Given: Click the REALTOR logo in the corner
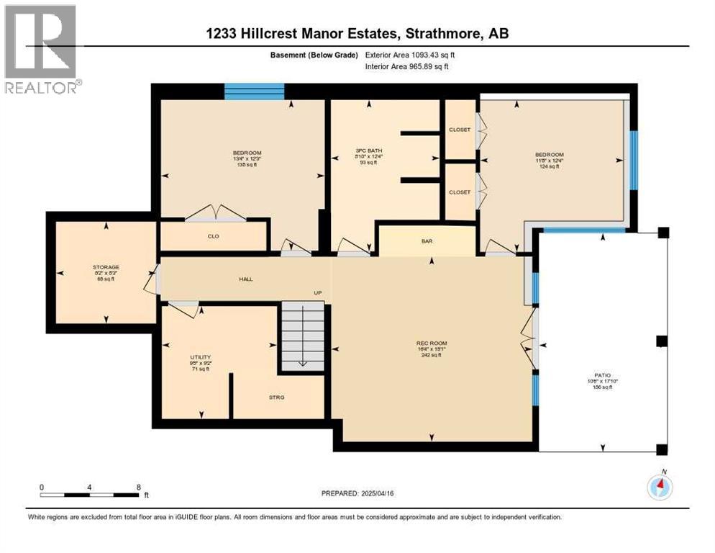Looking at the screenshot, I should (x=41, y=49).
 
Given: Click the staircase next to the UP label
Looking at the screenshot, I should (x=302, y=336).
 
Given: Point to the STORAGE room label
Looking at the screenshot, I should (x=105, y=267).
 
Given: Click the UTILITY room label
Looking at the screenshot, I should (x=201, y=356).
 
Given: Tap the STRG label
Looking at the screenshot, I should (x=278, y=397).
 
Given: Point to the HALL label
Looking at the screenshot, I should (x=246, y=279).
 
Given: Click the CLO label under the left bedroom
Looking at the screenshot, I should (x=214, y=236).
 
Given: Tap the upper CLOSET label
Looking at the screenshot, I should (x=460, y=130).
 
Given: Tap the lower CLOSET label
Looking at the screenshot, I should (x=460, y=192).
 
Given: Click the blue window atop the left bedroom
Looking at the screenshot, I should (x=254, y=91).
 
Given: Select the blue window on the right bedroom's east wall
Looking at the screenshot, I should (x=633, y=160).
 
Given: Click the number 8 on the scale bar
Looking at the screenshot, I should (x=138, y=487).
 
